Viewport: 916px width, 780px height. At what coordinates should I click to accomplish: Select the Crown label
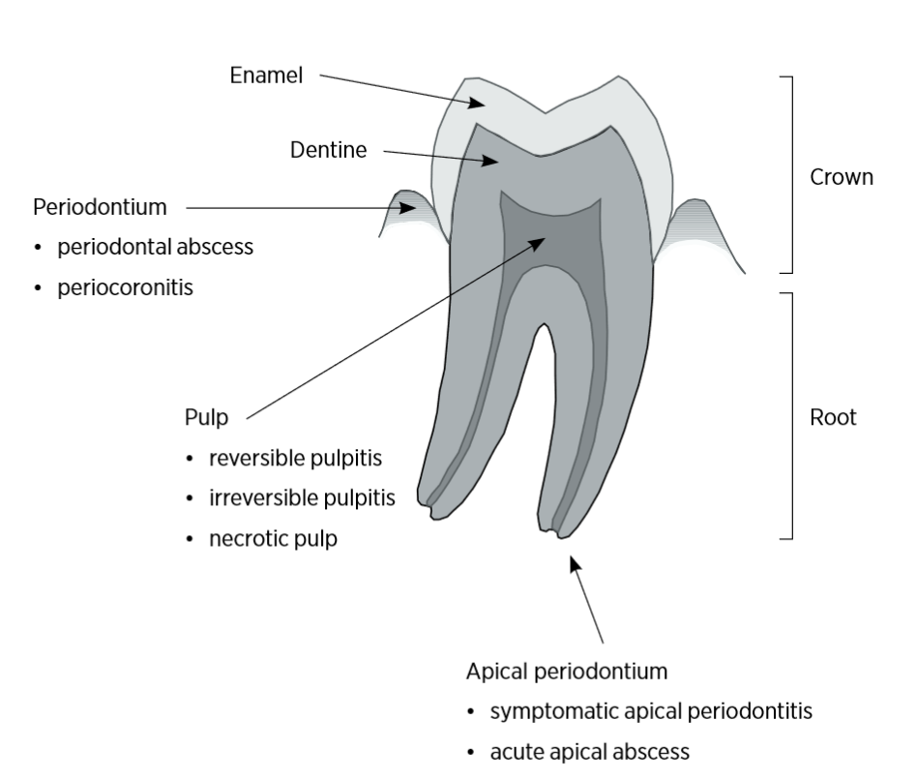tap(842, 178)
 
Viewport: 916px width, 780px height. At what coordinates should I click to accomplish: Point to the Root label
tap(833, 419)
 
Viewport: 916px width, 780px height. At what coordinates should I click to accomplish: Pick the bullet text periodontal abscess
tap(155, 247)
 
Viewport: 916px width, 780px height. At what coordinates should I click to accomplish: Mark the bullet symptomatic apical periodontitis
tap(650, 711)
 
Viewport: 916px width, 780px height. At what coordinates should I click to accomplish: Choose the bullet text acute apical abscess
tap(590, 752)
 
